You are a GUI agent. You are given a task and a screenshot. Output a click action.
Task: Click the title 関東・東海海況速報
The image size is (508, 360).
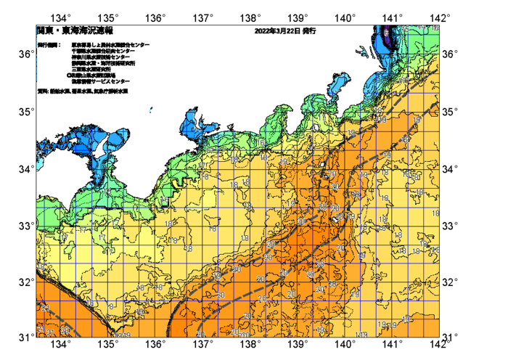(75, 31)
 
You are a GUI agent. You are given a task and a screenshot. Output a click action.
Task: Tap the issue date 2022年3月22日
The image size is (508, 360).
(278, 31)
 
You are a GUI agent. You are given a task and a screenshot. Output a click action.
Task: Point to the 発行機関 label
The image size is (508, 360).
(50, 45)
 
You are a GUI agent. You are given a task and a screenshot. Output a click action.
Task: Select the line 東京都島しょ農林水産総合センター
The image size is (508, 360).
(110, 45)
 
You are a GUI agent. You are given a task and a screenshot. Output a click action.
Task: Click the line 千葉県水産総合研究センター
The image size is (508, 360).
(102, 51)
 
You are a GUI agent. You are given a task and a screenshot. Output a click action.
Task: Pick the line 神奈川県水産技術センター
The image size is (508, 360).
(101, 57)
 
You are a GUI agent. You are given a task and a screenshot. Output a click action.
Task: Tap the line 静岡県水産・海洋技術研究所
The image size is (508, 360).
(105, 63)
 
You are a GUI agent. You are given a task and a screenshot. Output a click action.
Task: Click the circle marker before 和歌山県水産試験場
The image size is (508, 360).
(69, 75)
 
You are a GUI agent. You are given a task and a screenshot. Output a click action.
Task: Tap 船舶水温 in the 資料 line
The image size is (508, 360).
(60, 91)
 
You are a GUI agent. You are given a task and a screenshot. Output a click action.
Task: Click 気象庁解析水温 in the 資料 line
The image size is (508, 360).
(112, 91)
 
